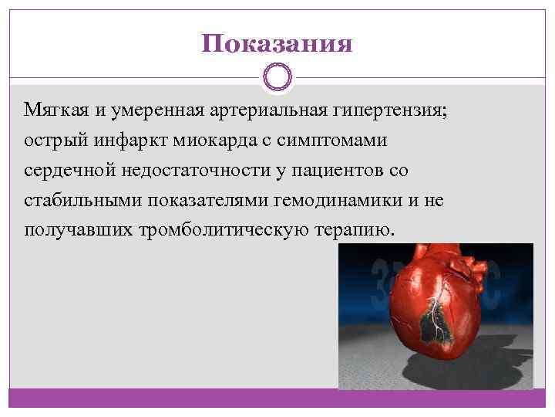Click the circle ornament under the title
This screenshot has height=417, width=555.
coord(277,78)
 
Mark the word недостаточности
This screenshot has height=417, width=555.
coord(181,171)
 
